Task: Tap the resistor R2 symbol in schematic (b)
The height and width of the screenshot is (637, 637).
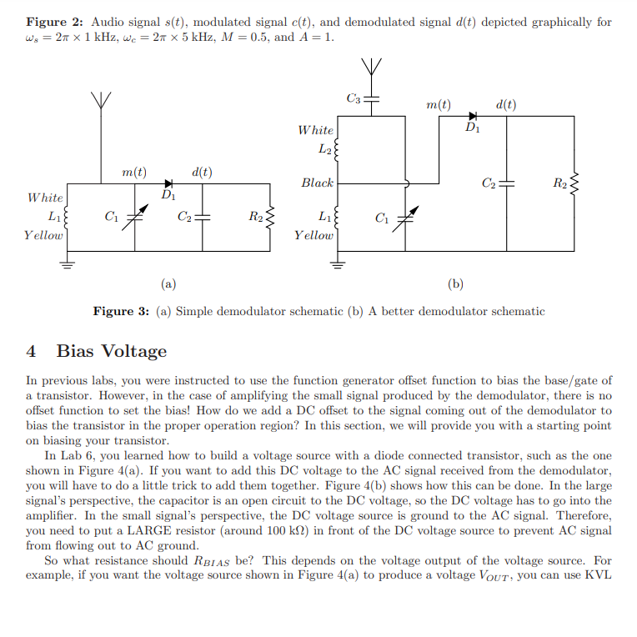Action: pyautogui.click(x=574, y=183)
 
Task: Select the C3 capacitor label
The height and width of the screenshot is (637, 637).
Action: pyautogui.click(x=354, y=99)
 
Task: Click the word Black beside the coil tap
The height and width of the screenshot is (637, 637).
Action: pyautogui.click(x=317, y=183)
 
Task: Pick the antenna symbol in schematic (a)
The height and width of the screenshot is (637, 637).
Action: pyautogui.click(x=102, y=100)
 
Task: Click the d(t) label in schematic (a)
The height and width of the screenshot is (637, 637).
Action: pyautogui.click(x=201, y=172)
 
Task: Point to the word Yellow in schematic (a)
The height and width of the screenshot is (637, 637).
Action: pyautogui.click(x=43, y=235)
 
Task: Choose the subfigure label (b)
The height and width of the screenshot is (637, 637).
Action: pyautogui.click(x=455, y=283)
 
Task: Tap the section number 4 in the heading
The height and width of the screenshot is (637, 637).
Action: pyautogui.click(x=31, y=351)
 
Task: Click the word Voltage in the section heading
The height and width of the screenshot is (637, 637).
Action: pyautogui.click(x=136, y=351)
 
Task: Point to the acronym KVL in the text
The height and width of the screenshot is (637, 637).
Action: pyautogui.click(x=599, y=576)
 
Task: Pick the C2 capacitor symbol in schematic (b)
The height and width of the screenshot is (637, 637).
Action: pyautogui.click(x=508, y=183)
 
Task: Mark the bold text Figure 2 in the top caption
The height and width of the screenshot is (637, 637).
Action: pyautogui.click(x=53, y=22)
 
